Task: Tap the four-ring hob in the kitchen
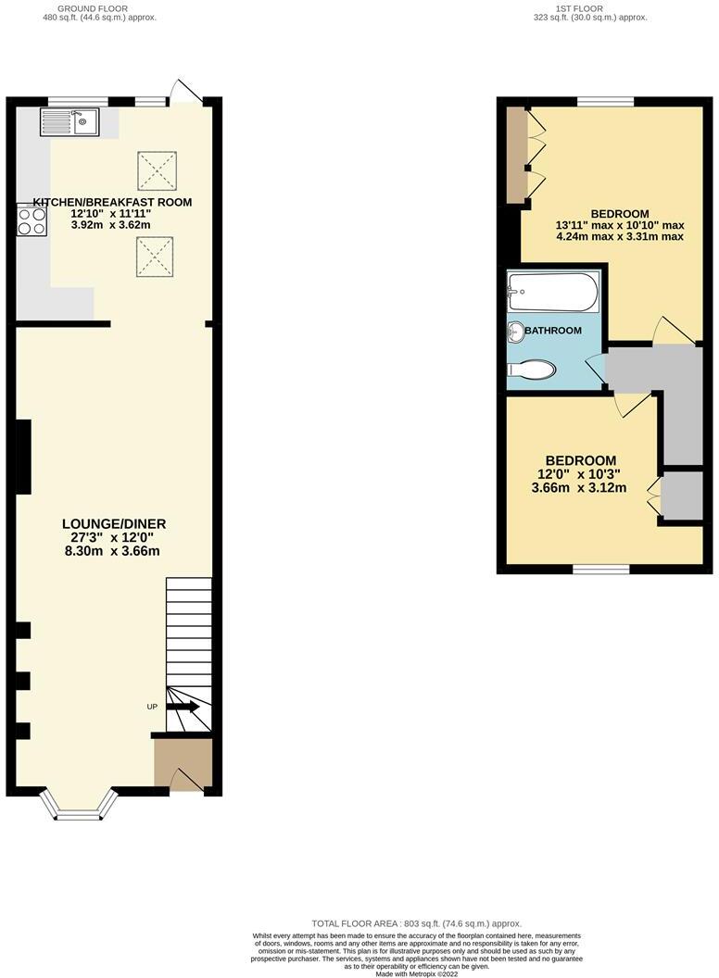pyautogui.click(x=32, y=220)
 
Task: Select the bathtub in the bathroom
pyautogui.click(x=553, y=294)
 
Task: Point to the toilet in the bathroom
pyautogui.click(x=531, y=370)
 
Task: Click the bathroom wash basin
pyautogui.click(x=515, y=331)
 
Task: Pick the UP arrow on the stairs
pyautogui.click(x=183, y=707)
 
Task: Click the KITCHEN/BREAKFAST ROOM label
pyautogui.click(x=112, y=202)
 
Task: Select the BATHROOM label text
pyautogui.click(x=553, y=331)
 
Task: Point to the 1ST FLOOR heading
pyautogui.click(x=579, y=8)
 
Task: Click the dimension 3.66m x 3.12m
pyautogui.click(x=580, y=488)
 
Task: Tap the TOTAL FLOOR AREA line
pyautogui.click(x=417, y=923)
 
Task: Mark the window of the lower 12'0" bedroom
pyautogui.click(x=588, y=569)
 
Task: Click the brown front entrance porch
pyautogui.click(x=183, y=763)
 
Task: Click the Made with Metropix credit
pyautogui.click(x=416, y=972)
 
